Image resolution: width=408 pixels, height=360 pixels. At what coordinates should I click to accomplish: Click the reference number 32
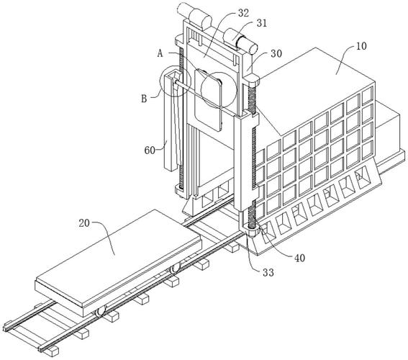[x=243, y=13]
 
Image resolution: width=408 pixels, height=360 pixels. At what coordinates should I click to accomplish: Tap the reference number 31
[x=261, y=23]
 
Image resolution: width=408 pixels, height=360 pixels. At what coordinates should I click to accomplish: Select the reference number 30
[x=276, y=53]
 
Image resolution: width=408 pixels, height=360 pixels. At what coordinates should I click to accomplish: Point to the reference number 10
[x=361, y=46]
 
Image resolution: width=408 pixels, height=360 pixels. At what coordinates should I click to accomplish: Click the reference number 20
[x=84, y=223]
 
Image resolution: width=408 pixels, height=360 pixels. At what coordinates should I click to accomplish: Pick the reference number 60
[x=150, y=150]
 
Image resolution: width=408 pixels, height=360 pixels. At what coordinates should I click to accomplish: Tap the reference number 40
[x=299, y=258]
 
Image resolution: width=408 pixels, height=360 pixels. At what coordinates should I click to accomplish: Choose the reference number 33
[x=268, y=273]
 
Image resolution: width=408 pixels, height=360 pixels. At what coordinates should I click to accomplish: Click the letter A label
[x=160, y=53]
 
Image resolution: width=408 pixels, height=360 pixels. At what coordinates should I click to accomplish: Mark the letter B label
[x=144, y=99]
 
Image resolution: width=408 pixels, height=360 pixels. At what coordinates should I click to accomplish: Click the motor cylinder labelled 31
[x=240, y=41]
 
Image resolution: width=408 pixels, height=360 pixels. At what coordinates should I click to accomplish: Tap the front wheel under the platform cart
[x=100, y=312]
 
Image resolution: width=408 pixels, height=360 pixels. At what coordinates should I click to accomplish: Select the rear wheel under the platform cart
[x=175, y=269]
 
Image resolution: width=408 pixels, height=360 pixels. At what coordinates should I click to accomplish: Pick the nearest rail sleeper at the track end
[x=52, y=351]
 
